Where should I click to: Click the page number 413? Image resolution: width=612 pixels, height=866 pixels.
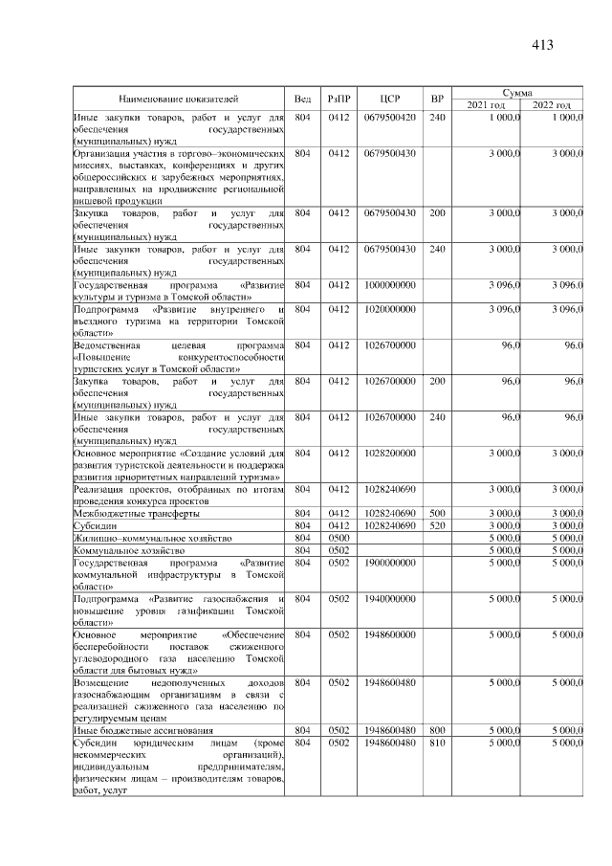[x=542, y=45]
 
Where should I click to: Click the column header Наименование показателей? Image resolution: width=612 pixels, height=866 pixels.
[x=179, y=99]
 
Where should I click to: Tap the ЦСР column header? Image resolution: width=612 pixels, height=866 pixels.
[x=389, y=99]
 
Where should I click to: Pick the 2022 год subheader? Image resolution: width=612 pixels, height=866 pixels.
[x=551, y=105]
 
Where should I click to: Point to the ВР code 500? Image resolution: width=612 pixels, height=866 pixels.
[x=437, y=513]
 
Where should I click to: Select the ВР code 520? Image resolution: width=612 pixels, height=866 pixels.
[x=437, y=525]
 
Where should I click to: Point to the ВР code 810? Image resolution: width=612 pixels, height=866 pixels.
[x=437, y=744]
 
